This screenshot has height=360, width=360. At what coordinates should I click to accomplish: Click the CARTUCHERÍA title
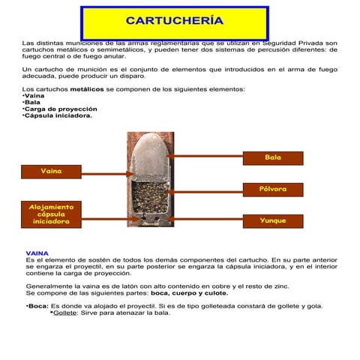tap(175, 20)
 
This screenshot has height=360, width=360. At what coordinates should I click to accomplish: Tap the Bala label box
tap(273, 157)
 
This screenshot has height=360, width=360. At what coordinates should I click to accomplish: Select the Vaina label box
tap(51, 171)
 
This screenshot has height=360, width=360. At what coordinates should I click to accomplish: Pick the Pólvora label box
tap(273, 189)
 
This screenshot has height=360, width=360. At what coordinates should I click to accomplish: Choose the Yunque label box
tap(273, 220)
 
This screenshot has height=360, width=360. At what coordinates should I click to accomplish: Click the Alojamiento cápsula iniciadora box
tap(51, 214)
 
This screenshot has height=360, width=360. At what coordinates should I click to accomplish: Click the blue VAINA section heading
tap(37, 253)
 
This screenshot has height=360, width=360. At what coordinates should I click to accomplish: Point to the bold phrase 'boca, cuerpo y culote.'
tap(184, 292)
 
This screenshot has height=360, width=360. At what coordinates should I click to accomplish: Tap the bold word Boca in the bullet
tap(37, 306)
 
